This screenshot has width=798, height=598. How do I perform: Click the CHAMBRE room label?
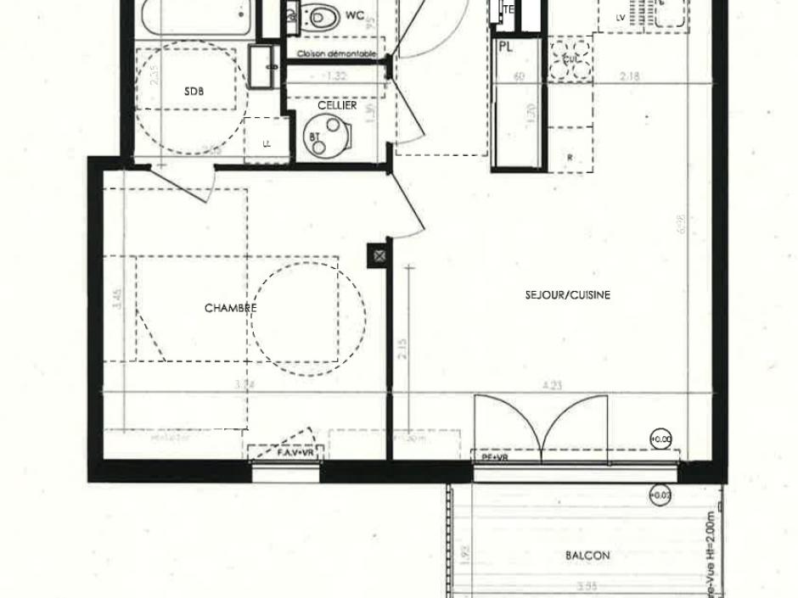[231, 309]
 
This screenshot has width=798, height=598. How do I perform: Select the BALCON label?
[587, 556]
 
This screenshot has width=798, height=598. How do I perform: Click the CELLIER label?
[337, 106]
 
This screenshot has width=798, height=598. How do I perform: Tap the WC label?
[354, 14]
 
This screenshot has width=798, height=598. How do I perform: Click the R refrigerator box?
[570, 157]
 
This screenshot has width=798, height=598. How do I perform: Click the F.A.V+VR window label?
[295, 453]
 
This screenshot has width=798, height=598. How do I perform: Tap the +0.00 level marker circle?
[660, 439]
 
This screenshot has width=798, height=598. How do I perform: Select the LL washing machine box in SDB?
[267, 143]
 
